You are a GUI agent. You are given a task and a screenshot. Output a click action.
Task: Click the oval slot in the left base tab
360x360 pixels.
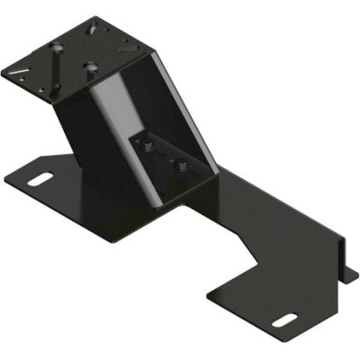click(x=39, y=180)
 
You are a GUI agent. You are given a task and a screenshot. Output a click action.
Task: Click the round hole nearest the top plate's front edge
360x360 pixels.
click(x=92, y=66)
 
